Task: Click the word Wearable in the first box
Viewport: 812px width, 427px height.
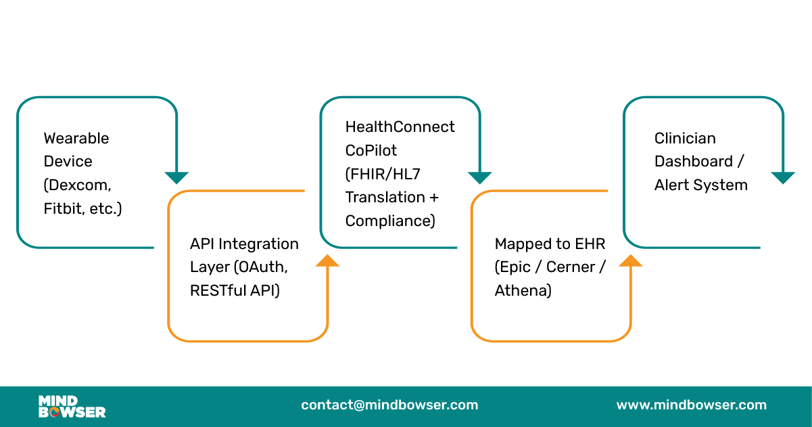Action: coord(76,138)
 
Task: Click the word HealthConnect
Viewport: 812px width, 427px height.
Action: coord(400,127)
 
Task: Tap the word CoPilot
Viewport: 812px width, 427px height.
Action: coord(371,150)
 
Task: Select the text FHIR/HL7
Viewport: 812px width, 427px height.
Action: coord(383,174)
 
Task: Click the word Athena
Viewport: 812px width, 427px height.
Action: coord(523,291)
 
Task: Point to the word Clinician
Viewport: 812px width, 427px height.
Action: coord(685,138)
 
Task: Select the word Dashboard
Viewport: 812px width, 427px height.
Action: coord(694,162)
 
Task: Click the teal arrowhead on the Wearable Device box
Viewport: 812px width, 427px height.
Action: coord(176,178)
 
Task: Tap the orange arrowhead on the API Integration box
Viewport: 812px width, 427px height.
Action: coord(328,261)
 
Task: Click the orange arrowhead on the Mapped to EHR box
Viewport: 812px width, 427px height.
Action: coord(631,261)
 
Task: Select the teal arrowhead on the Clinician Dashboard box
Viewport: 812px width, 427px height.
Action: coord(783,178)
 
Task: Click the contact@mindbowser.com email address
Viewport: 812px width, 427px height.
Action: coord(389,405)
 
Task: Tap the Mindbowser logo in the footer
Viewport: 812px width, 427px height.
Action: coord(72,406)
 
